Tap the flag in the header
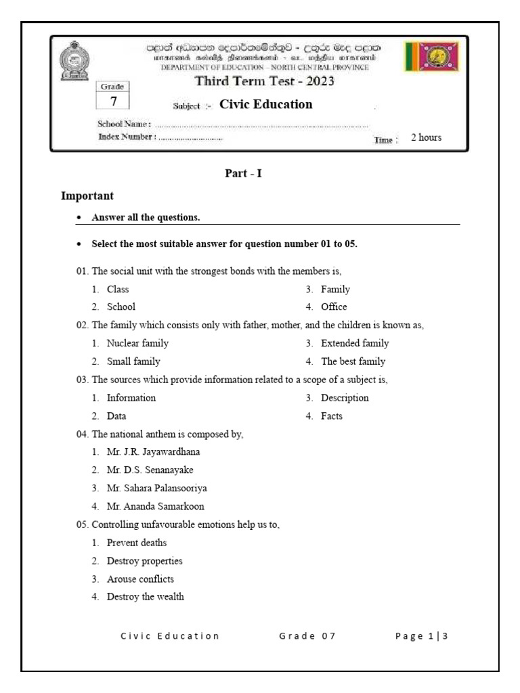click(x=431, y=57)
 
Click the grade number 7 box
click(x=114, y=100)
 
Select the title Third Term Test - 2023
click(x=265, y=82)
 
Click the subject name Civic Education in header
click(x=266, y=104)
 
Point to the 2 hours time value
click(x=426, y=137)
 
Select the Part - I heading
click(x=243, y=173)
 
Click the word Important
click(x=87, y=196)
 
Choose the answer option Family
click(x=335, y=289)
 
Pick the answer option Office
click(x=334, y=307)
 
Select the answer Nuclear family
click(x=137, y=343)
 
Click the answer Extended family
click(x=355, y=343)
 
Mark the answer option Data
click(x=116, y=416)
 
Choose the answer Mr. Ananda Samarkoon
click(x=155, y=506)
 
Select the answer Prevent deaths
click(x=136, y=543)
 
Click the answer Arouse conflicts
click(x=140, y=579)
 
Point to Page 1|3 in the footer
click(x=422, y=635)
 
